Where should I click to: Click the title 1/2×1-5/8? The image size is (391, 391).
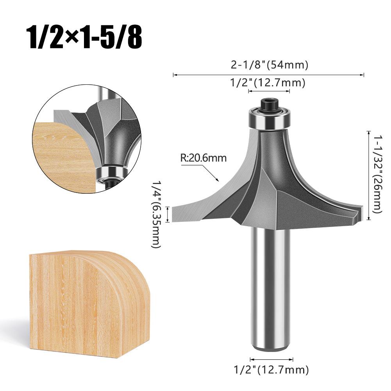pyautogui.click(x=84, y=37)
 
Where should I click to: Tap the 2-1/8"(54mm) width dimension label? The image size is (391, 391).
pyautogui.click(x=269, y=64)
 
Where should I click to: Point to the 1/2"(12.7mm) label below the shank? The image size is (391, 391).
pyautogui.click(x=271, y=369)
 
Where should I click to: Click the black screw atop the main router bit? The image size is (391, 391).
pyautogui.click(x=269, y=104)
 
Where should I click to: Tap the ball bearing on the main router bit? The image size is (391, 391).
pyautogui.click(x=269, y=119)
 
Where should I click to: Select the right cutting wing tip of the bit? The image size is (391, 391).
pyautogui.click(x=361, y=213)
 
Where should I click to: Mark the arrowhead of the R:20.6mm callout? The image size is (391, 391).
pyautogui.click(x=217, y=180)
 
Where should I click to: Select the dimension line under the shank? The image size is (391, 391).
pyautogui.click(x=271, y=359)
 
